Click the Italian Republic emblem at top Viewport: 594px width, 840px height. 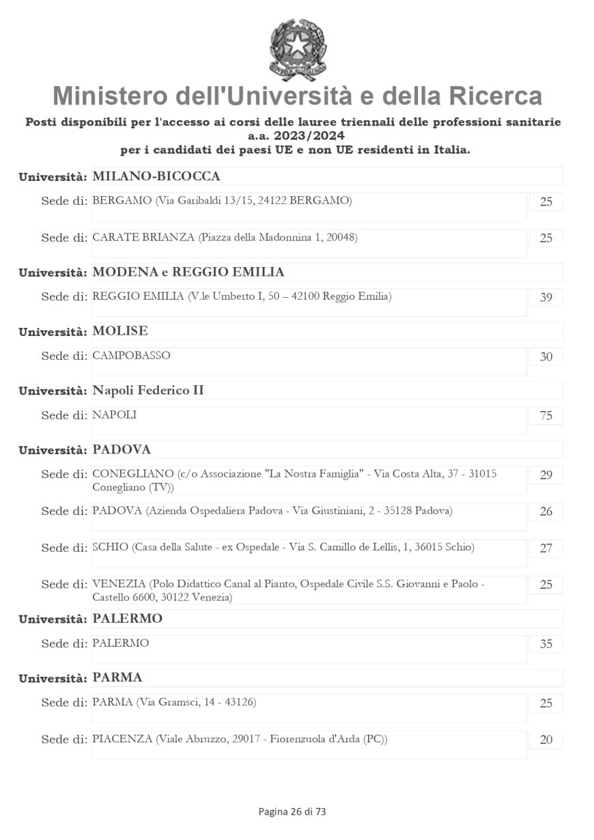[298, 49]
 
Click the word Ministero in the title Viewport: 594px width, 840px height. [110, 96]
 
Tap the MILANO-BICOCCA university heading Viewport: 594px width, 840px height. [156, 177]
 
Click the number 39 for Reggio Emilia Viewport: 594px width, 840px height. [546, 298]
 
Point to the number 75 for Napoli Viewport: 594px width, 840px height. [546, 416]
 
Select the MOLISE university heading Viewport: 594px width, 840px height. [120, 331]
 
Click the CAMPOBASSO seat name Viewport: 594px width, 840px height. [131, 356]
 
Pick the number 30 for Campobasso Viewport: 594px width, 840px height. [546, 357]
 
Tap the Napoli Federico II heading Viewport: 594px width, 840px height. [147, 391]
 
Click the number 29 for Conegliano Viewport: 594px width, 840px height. [546, 475]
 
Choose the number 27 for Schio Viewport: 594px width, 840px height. [546, 548]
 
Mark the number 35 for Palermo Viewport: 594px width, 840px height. [546, 644]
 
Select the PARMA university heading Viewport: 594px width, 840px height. [117, 678]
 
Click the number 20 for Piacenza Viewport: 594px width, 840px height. [546, 740]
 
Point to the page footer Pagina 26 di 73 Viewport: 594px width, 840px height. [292, 811]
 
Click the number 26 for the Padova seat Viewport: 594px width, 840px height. [546, 512]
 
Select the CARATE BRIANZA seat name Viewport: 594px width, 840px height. [143, 238]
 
